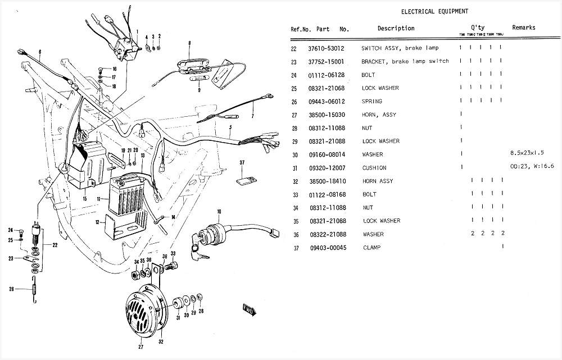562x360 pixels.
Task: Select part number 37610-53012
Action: [326, 48]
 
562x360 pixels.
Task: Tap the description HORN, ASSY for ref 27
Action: [379, 115]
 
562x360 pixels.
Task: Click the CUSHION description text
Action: [374, 168]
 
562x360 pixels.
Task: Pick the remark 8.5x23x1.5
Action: [527, 154]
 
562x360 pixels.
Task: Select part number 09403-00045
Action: [326, 248]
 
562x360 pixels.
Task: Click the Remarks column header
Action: [524, 28]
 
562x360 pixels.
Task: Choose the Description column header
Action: [396, 28]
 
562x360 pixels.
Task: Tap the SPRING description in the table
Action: [371, 101]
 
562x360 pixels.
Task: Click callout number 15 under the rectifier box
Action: [84, 199]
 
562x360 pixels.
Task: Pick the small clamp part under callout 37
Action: [243, 180]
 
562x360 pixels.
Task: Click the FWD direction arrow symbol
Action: [249, 309]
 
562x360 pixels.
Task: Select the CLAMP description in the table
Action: [372, 248]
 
